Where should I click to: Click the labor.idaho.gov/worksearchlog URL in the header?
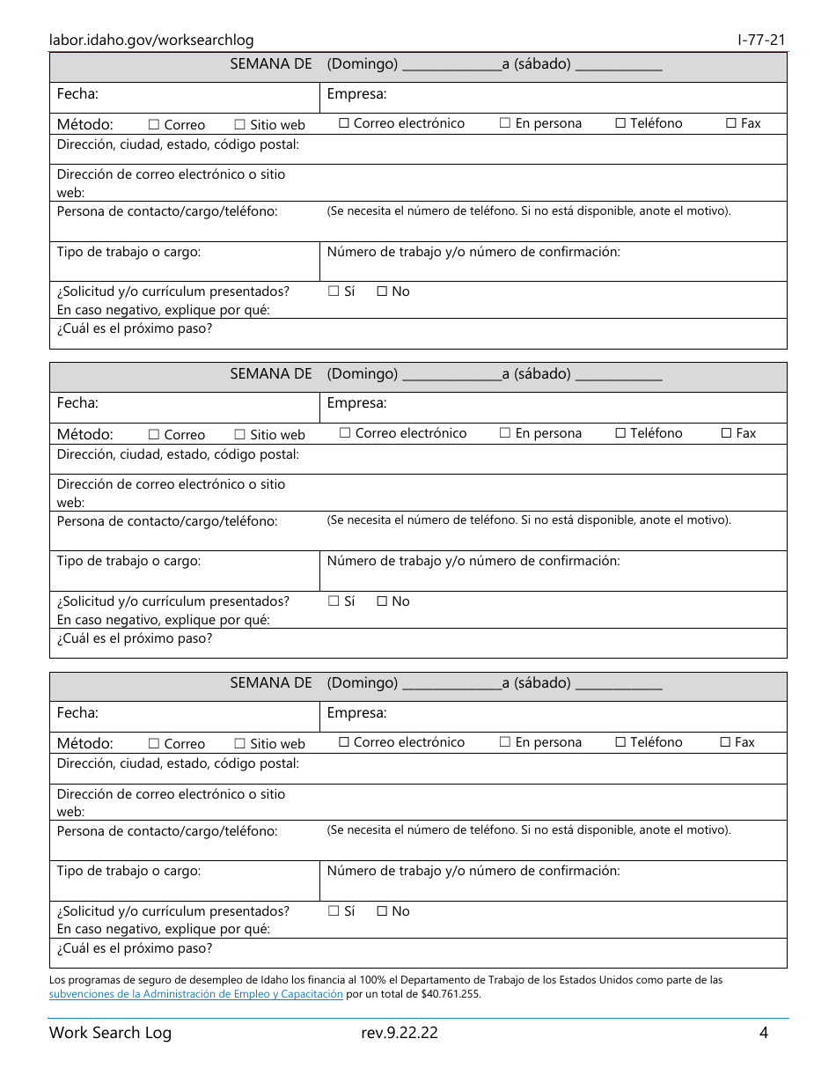coord(151,40)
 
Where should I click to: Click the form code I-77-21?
coord(761,40)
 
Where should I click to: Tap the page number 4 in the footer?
coord(764,1033)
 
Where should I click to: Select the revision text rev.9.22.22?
coord(399,1033)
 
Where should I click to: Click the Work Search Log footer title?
coord(110,1033)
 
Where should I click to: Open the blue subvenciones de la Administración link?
coord(195,994)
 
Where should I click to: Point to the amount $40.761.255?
coord(451,994)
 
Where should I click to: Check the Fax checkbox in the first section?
coord(730,124)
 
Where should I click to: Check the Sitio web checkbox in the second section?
coord(239,434)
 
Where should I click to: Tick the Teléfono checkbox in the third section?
coord(620,742)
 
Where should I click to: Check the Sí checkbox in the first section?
coord(334,291)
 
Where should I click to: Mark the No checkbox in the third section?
coord(382,911)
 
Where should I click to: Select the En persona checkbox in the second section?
coord(505,433)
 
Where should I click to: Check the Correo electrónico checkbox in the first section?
coord(344,124)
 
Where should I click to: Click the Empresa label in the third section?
coord(356,713)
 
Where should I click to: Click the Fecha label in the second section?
coord(77,403)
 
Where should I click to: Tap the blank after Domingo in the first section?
coord(451,65)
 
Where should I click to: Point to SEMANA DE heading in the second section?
coord(271,374)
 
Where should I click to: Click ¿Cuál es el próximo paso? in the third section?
coord(135,949)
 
